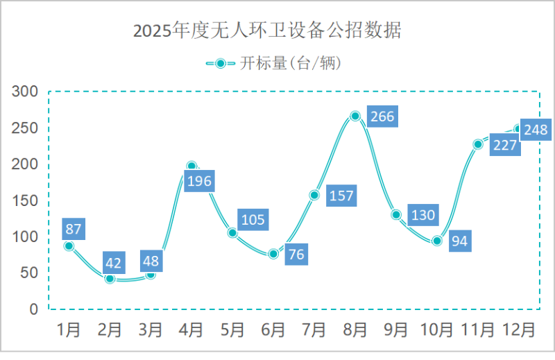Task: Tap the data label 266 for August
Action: (x=382, y=117)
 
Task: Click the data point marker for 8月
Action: (x=355, y=116)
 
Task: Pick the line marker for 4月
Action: (x=191, y=166)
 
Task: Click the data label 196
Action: (x=199, y=182)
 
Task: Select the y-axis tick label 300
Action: (x=25, y=92)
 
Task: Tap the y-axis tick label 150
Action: (x=25, y=200)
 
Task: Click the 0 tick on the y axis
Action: (x=33, y=309)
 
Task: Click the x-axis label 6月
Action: (x=273, y=329)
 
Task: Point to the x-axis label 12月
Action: (x=519, y=329)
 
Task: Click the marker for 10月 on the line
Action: (x=437, y=241)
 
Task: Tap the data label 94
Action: (x=460, y=241)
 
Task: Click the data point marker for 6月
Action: (x=273, y=254)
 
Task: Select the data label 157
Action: (x=341, y=196)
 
